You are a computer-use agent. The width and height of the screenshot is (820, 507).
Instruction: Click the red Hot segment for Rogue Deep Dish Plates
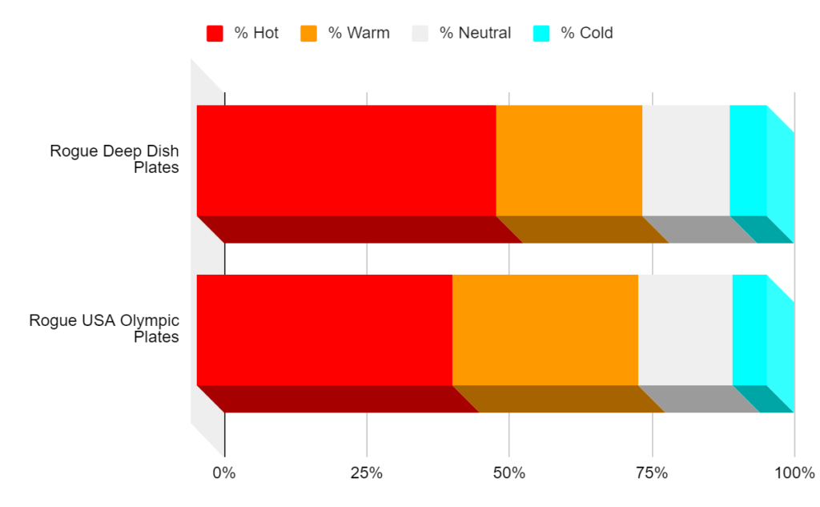(346, 160)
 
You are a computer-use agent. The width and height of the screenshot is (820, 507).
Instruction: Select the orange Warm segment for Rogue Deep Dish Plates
(569, 160)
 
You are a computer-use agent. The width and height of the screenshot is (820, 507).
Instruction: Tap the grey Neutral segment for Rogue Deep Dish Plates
(685, 160)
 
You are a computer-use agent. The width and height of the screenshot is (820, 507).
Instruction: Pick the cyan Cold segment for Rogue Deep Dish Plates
(748, 160)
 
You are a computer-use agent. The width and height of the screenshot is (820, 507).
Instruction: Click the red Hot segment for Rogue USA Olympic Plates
(324, 330)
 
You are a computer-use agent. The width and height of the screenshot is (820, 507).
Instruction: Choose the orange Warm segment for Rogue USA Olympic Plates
(545, 330)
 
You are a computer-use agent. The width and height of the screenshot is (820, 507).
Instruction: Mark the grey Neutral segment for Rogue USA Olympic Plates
(685, 330)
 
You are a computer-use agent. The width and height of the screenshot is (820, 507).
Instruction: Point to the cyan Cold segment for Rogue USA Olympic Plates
(750, 330)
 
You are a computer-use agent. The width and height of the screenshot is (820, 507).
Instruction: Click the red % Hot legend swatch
(215, 34)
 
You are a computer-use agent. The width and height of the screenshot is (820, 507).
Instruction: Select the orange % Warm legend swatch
(308, 34)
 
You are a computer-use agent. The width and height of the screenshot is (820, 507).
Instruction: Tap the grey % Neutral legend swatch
(420, 34)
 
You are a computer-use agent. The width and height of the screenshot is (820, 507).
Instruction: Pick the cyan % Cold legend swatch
(541, 34)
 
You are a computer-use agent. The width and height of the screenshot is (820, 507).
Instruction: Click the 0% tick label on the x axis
(224, 473)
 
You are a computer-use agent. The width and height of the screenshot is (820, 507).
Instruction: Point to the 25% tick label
(367, 473)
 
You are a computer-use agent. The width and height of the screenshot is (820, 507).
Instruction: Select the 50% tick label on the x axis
(509, 473)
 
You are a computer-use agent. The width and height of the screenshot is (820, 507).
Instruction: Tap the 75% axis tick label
(652, 473)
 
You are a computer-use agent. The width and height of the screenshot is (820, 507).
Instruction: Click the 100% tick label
(794, 473)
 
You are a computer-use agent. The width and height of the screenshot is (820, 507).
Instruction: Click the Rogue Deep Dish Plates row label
(115, 159)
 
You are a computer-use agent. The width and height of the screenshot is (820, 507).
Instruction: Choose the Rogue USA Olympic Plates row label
(104, 328)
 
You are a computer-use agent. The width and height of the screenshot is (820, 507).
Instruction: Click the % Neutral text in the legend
(475, 34)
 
